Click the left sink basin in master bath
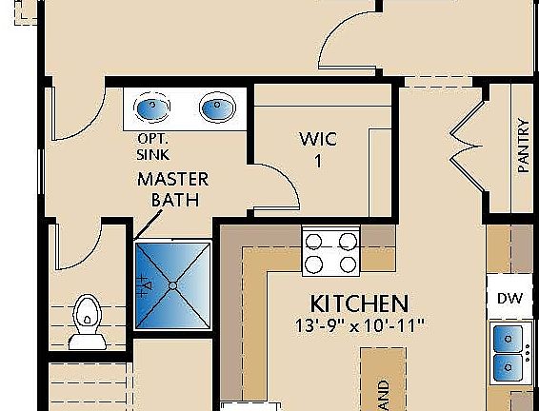(150, 108)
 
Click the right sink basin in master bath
(216, 108)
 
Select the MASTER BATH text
(172, 188)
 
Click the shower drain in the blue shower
(172, 284)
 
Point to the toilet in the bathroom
(87, 313)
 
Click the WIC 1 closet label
(317, 147)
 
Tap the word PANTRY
(523, 145)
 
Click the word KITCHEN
(360, 304)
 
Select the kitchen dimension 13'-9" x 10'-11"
(360, 325)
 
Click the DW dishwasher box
(509, 299)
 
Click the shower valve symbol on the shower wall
(144, 283)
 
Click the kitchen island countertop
(382, 381)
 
